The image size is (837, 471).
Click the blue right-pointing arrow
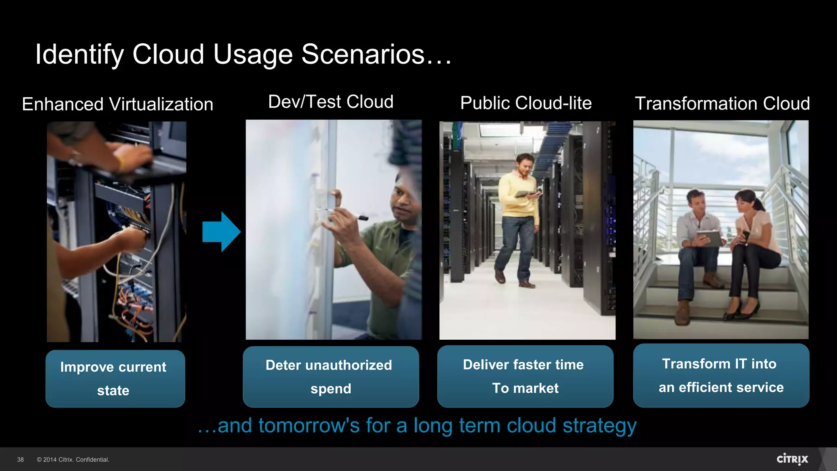(x=221, y=231)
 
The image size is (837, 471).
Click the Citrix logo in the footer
(x=792, y=459)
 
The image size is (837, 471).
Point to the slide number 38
(x=20, y=460)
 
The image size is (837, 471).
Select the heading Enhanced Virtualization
(x=118, y=104)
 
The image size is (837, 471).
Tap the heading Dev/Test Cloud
(x=331, y=102)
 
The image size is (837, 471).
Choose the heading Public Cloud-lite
(x=526, y=103)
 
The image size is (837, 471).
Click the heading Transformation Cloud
(x=722, y=103)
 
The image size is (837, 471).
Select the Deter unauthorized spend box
(x=331, y=377)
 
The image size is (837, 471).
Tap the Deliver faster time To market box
(x=525, y=376)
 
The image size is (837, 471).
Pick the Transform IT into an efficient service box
(x=721, y=375)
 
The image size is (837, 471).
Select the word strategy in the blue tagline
(x=599, y=426)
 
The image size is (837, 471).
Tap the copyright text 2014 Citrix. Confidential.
(x=73, y=460)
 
